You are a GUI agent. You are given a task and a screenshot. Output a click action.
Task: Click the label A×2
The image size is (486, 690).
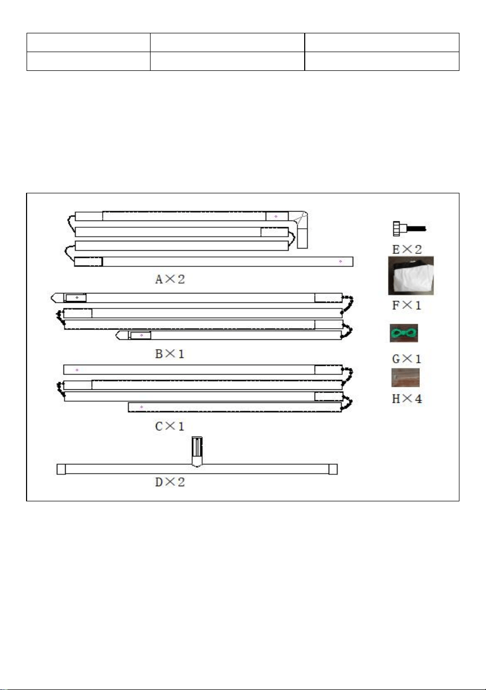tap(170, 279)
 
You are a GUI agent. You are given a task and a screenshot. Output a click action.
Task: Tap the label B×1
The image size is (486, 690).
tap(170, 354)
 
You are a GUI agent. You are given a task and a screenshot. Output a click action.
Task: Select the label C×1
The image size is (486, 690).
tap(170, 426)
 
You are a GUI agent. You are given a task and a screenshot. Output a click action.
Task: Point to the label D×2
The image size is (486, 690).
tap(170, 482)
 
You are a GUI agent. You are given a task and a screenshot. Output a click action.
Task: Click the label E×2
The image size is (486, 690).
tap(407, 250)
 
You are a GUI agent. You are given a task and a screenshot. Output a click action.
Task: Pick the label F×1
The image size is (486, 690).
tap(406, 305)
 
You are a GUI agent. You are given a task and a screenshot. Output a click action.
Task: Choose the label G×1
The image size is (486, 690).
tap(406, 359)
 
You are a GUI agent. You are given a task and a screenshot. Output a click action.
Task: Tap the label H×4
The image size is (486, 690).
tap(407, 399)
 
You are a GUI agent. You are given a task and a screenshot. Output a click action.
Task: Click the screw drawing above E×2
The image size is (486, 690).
tap(409, 229)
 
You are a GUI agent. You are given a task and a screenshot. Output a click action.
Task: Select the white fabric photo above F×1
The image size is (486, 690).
tap(411, 276)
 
